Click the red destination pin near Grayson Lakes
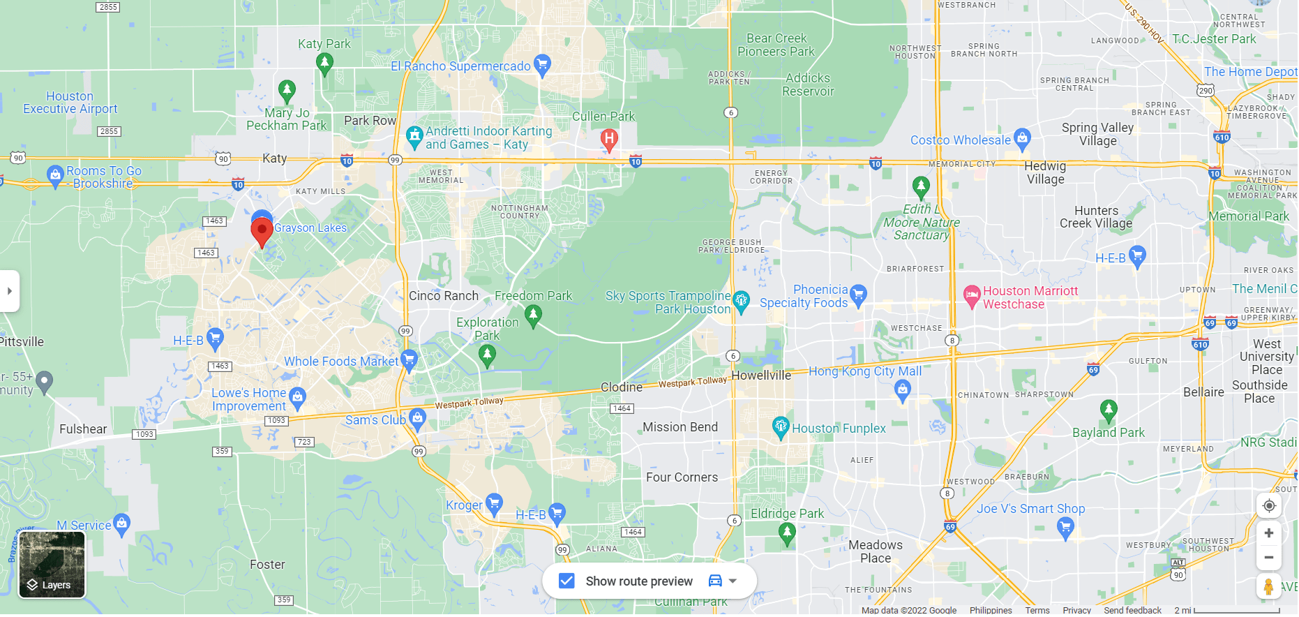[262, 230]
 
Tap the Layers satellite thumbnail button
[52, 565]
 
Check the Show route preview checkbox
[566, 581]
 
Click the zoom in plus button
[1269, 533]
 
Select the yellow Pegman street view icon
[1269, 587]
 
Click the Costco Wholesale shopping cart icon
[1022, 139]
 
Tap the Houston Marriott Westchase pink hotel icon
[972, 297]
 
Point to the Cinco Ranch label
[444, 296]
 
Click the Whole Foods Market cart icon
[410, 360]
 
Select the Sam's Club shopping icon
[417, 419]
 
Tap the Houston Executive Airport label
[70, 103]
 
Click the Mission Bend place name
[679, 427]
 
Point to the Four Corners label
[682, 477]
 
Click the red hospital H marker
[609, 139]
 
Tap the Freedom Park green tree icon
[533, 315]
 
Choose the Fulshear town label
[83, 429]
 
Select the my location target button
[1269, 506]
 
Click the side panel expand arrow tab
[10, 291]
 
